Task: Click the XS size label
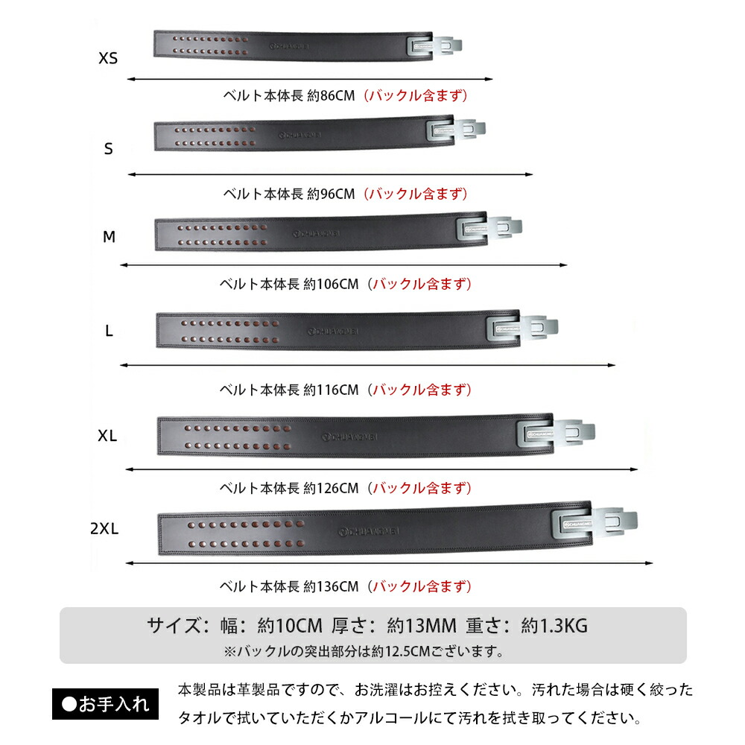[108, 58]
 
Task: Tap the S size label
[109, 149]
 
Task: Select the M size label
[110, 237]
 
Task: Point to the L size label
[109, 332]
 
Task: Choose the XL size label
[108, 437]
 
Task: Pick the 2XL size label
[104, 529]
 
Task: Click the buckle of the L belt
[521, 326]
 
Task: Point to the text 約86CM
[331, 95]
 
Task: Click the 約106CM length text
[331, 284]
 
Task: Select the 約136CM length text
[331, 586]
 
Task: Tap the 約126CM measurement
[331, 488]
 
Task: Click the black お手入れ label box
[105, 704]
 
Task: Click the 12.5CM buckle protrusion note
[364, 651]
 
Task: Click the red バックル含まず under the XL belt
[422, 488]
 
